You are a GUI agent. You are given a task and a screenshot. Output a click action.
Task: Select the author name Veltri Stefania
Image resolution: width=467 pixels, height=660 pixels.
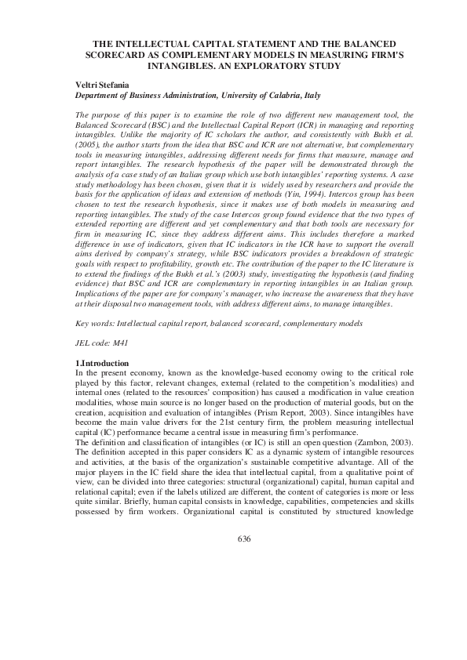[106, 83]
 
